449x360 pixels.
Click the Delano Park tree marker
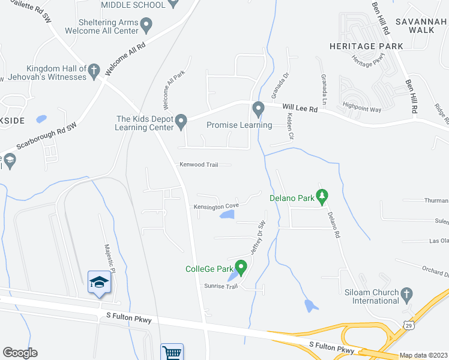click(322, 196)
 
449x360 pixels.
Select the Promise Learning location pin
click(259, 110)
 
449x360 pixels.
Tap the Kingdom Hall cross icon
click(94, 73)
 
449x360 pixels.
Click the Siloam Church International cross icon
click(407, 294)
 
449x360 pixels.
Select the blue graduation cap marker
click(99, 282)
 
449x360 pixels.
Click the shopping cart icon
click(172, 352)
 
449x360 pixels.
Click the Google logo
click(20, 353)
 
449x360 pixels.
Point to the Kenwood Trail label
click(197, 164)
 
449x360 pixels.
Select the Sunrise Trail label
click(221, 286)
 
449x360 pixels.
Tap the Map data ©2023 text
click(423, 355)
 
